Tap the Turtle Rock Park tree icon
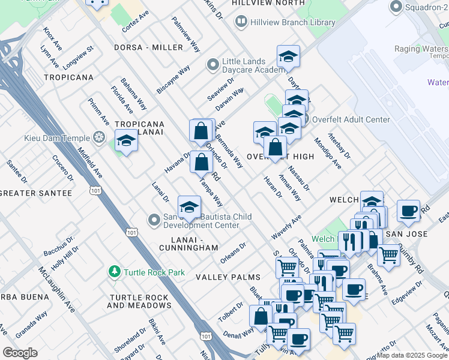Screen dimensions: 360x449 (x=114, y=272)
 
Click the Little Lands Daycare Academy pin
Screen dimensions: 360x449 (x=212, y=64)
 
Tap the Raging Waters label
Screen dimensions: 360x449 (x=420, y=49)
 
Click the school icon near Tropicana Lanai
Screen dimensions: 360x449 (x=126, y=141)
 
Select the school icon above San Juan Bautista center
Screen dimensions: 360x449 (x=189, y=207)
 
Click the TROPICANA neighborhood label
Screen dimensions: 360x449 (x=68, y=77)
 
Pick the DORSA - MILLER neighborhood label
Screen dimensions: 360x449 (x=148, y=47)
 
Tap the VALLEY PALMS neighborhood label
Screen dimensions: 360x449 (x=228, y=277)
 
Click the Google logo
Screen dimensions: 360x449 (x=20, y=353)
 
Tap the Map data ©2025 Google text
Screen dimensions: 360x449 (x=411, y=355)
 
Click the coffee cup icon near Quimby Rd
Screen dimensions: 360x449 (x=408, y=211)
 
